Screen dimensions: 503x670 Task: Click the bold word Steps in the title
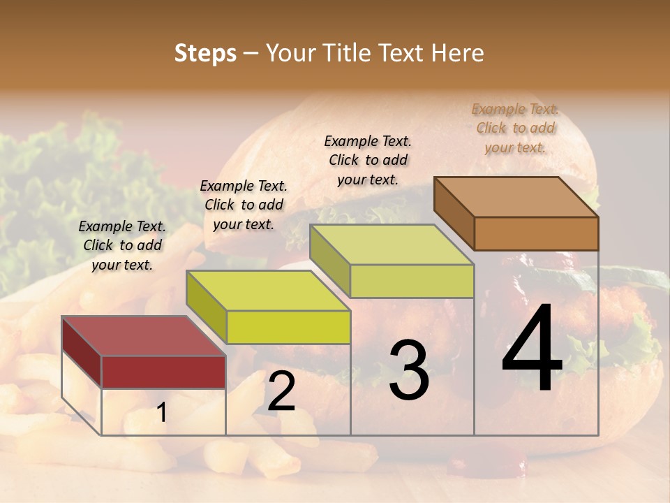point(205,53)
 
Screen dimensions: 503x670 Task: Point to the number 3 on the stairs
point(408,370)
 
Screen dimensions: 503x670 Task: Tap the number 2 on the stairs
point(281,391)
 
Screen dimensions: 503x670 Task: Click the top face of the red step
point(144,336)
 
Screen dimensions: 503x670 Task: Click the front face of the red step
point(163,372)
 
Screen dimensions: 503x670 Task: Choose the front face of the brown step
point(536,233)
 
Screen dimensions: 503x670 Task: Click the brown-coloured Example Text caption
point(515,128)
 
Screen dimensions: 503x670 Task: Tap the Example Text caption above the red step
point(122,245)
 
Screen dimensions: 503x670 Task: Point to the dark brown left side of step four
point(454,212)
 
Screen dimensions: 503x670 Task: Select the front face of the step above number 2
point(288,327)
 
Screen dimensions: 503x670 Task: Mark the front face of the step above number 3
point(412,281)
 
